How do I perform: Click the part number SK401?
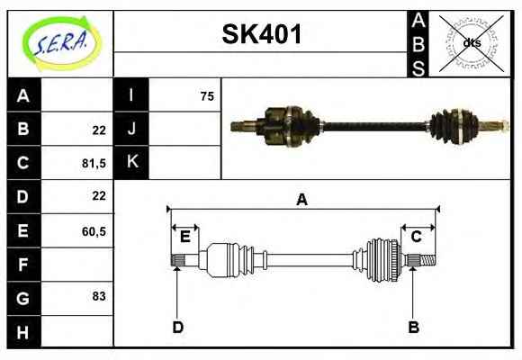tap(262, 34)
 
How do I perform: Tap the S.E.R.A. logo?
tap(61, 43)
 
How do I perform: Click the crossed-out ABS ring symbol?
tap(472, 43)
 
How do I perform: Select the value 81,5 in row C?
tap(94, 164)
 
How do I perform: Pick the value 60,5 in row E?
tap(94, 231)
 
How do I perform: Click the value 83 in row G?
tap(99, 296)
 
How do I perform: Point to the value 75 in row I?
tap(207, 96)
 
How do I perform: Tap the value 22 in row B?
tap(99, 130)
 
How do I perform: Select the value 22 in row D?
tap(99, 195)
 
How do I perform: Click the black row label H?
tap(23, 332)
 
